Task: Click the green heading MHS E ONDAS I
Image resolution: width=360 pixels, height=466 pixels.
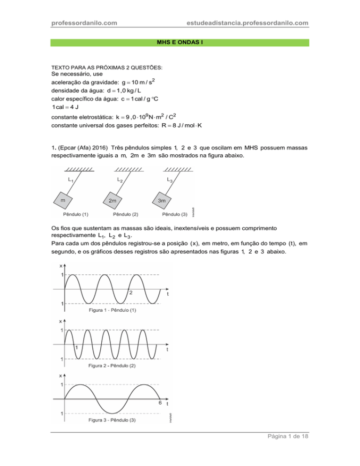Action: [x=180, y=43]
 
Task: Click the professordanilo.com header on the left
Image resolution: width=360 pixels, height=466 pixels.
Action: [x=84, y=23]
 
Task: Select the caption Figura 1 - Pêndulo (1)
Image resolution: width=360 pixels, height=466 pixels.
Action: [x=112, y=310]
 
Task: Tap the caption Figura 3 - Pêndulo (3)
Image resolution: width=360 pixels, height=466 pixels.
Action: [x=112, y=420]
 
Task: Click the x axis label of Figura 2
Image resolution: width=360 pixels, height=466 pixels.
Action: [x=60, y=322]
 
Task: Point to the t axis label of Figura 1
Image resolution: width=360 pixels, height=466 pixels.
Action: [x=168, y=294]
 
